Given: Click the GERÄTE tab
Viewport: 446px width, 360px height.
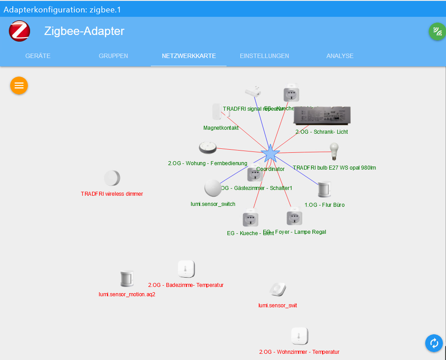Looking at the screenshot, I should tap(38, 56).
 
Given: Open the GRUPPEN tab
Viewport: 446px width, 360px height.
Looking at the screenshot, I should tap(113, 56).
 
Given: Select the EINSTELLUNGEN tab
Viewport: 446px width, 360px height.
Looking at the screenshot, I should tap(264, 56).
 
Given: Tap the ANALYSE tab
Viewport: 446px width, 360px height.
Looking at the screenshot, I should tap(340, 56).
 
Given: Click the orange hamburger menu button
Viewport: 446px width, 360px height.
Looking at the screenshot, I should tap(19, 85).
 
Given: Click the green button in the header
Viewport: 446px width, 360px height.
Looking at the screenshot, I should tap(437, 31).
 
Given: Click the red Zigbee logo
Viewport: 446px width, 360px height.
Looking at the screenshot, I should tap(19, 31).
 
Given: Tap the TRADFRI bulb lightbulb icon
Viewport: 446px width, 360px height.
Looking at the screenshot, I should tap(334, 152).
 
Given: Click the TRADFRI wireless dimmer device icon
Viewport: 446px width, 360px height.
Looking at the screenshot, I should tap(112, 178).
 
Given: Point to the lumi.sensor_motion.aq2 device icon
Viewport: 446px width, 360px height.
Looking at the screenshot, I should tap(127, 279).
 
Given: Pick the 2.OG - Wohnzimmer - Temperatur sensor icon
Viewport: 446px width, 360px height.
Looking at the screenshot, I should tap(299, 336).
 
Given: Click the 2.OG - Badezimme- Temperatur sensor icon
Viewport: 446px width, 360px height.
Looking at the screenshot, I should tap(186, 269).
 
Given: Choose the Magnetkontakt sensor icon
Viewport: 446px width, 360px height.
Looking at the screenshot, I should tap(217, 112).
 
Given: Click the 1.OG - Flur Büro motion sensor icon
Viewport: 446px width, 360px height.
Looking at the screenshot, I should tap(324, 190).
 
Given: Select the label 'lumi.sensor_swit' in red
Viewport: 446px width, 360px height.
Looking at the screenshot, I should tap(277, 306).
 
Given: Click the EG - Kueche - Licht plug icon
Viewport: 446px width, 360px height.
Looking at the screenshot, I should tap(250, 220).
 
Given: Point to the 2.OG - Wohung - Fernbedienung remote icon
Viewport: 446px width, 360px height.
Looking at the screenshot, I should tap(207, 147).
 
